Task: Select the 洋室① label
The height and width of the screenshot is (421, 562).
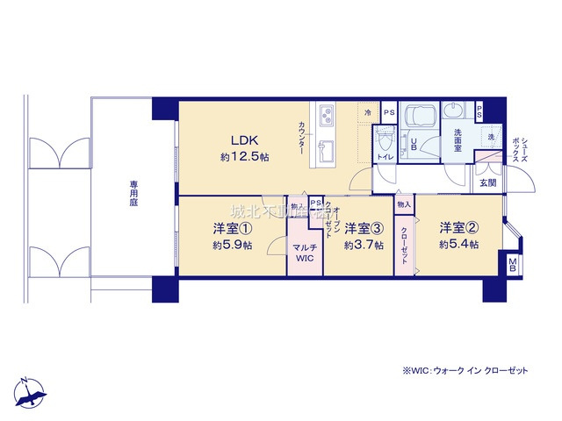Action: [x=231, y=228]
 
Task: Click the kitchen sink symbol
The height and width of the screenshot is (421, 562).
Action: [x=326, y=143]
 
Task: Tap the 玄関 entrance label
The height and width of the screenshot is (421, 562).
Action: [x=487, y=183]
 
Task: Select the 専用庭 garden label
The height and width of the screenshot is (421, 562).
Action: [x=134, y=194]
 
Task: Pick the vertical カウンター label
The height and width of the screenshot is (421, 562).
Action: [x=301, y=138]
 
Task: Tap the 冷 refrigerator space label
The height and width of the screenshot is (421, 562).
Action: [x=368, y=112]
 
